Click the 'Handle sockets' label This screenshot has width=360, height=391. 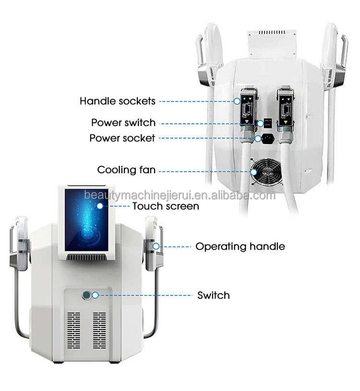(x=117, y=101)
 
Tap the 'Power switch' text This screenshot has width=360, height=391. (x=123, y=123)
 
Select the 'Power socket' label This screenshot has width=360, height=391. (x=122, y=138)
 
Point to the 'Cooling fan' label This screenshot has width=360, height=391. (x=126, y=170)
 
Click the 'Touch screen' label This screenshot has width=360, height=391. (x=165, y=206)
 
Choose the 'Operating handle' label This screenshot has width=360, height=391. (x=240, y=247)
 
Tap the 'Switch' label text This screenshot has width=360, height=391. (x=214, y=295)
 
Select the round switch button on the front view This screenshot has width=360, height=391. (x=87, y=295)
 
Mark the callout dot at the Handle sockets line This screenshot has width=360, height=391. (x=237, y=101)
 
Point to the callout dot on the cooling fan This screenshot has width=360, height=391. (x=253, y=170)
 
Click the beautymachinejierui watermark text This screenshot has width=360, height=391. (x=180, y=196)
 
